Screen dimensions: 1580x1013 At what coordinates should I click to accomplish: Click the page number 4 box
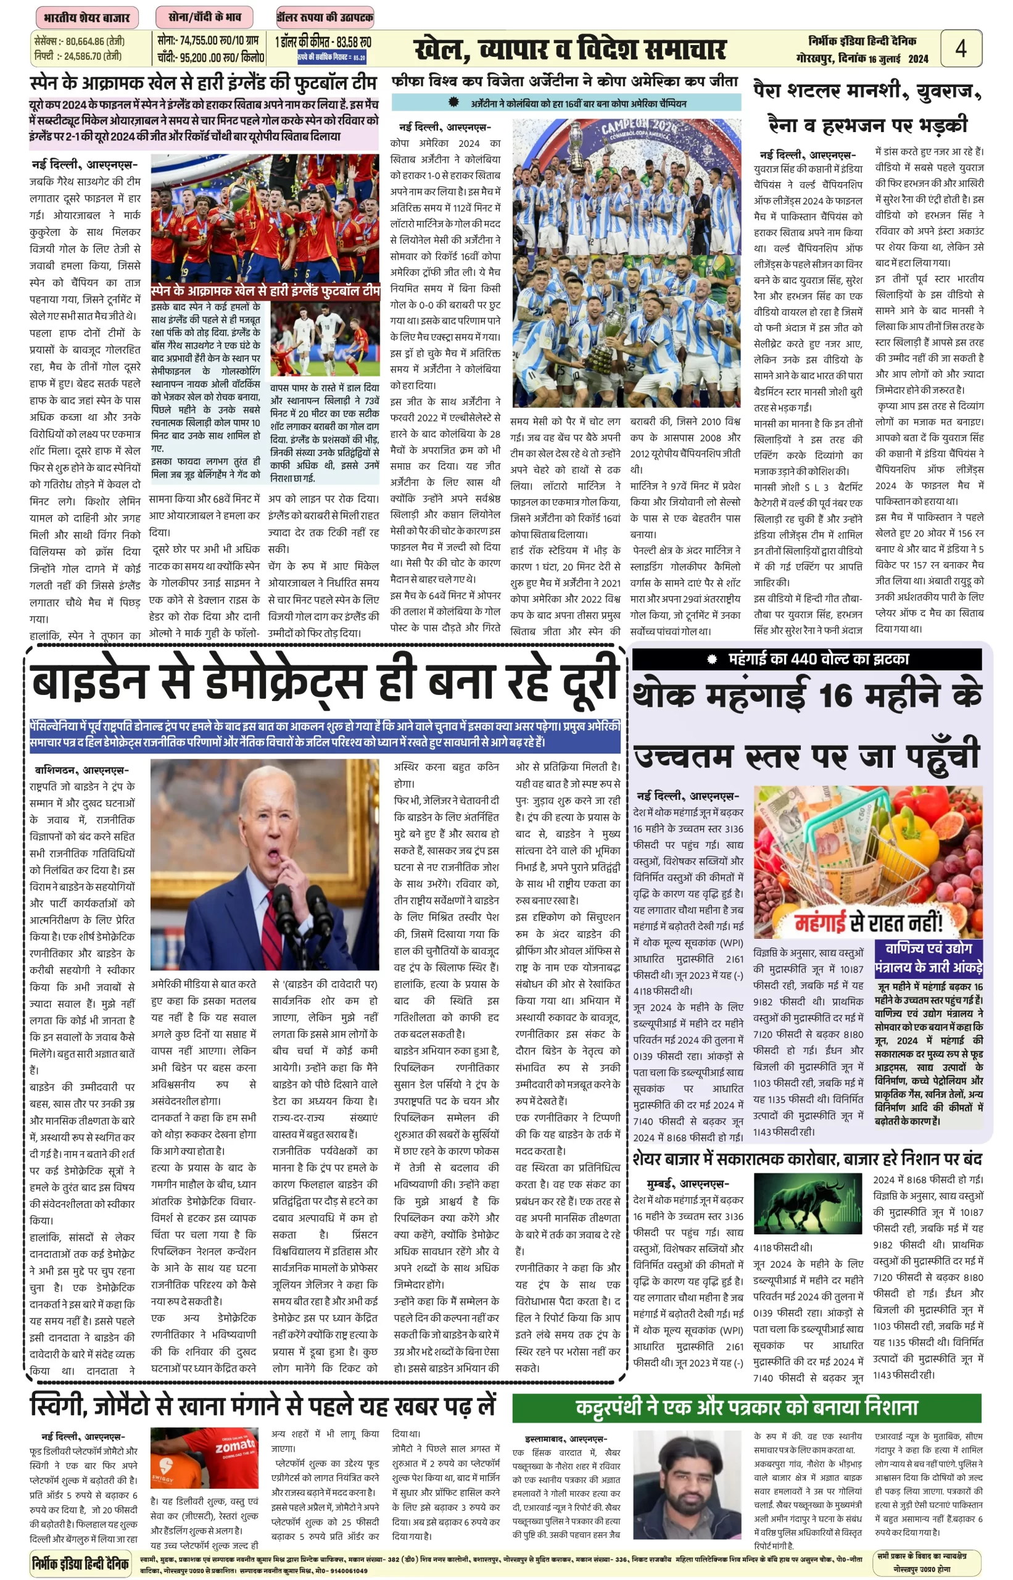point(961,48)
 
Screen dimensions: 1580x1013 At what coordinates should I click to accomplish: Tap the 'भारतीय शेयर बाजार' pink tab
point(87,18)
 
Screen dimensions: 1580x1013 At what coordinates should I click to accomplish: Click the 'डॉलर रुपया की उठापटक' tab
point(325,17)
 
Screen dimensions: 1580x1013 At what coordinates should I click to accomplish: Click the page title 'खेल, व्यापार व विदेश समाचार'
point(569,50)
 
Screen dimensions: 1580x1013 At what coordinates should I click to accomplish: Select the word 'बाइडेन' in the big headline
point(88,683)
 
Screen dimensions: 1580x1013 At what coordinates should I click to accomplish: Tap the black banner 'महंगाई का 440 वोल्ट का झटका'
point(806,659)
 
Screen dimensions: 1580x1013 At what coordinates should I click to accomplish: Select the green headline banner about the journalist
point(746,1408)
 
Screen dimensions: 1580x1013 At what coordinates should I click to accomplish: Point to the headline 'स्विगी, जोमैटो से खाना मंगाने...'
point(262,1407)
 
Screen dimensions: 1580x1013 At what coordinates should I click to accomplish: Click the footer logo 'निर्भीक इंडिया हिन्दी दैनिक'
point(80,1563)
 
